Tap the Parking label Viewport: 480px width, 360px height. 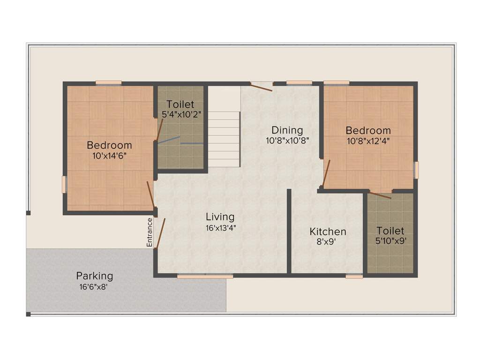pyautogui.click(x=95, y=276)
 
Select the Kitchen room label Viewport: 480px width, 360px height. pyautogui.click(x=328, y=232)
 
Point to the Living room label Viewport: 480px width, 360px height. pyautogui.click(x=220, y=217)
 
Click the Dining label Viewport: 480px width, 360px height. pyautogui.click(x=287, y=130)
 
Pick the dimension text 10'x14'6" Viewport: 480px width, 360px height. pyautogui.click(x=110, y=155)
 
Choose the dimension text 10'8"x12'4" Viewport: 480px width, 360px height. pyautogui.click(x=368, y=140)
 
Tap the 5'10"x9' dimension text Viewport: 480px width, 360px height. pyautogui.click(x=390, y=241)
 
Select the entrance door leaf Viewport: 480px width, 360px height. pyautogui.click(x=160, y=232)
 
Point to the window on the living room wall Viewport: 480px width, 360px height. pyautogui.click(x=205, y=277)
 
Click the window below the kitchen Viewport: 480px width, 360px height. pyautogui.click(x=354, y=277)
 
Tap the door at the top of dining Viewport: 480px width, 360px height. pyautogui.click(x=261, y=87)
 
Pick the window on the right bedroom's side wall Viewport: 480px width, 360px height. pyautogui.click(x=416, y=170)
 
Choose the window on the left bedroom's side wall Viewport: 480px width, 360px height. pyautogui.click(x=64, y=184)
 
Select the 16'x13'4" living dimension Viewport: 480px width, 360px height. pyautogui.click(x=220, y=228)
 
